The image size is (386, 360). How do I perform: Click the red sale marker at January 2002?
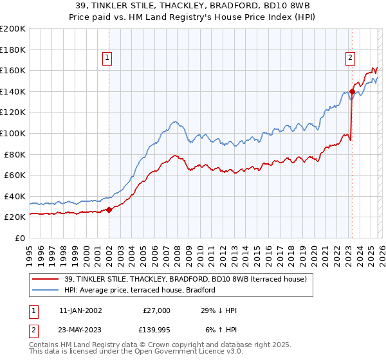[109, 210]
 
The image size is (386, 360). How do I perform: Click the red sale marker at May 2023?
[352, 91]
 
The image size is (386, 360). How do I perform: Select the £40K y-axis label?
[14, 196]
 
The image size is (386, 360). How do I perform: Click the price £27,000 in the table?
[156, 310]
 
